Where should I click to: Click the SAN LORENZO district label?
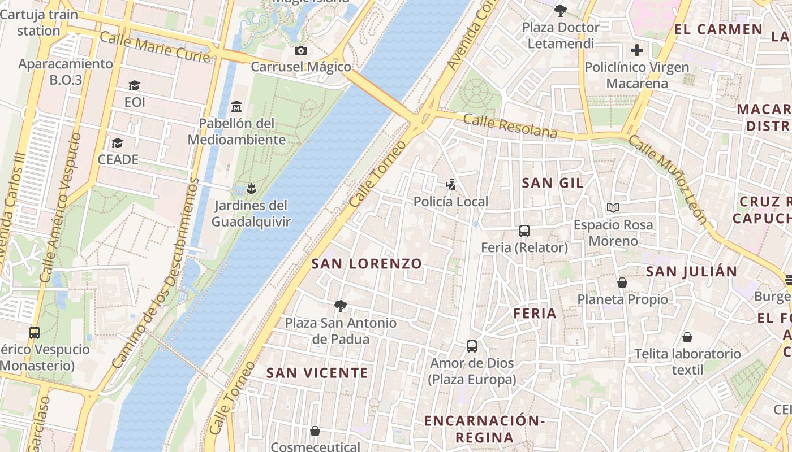click(x=367, y=263)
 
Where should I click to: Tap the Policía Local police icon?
click(x=450, y=184)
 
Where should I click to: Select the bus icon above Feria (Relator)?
click(x=524, y=231)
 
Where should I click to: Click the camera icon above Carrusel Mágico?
click(x=301, y=51)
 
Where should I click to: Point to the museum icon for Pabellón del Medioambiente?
click(x=236, y=106)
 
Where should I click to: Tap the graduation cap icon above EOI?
click(x=134, y=86)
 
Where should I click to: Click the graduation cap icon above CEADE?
click(x=118, y=143)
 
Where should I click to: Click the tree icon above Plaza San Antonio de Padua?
click(x=341, y=306)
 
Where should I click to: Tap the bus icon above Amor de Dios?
click(x=472, y=346)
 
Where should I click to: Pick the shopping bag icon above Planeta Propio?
click(x=622, y=282)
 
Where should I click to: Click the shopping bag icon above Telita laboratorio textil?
click(x=687, y=337)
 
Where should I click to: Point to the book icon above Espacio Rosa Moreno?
click(x=613, y=208)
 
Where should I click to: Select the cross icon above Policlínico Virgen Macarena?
click(x=637, y=51)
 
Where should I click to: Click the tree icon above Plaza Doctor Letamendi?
click(x=561, y=10)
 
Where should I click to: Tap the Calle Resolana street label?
click(x=510, y=126)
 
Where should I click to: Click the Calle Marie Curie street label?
click(x=155, y=47)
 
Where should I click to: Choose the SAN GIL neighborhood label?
click(x=553, y=182)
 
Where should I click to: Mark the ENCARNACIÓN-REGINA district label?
click(x=484, y=429)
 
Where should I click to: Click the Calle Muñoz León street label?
click(x=668, y=180)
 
